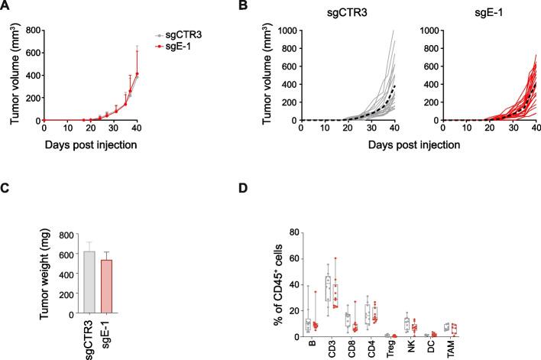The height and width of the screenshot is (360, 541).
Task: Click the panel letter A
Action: coord(6,8)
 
